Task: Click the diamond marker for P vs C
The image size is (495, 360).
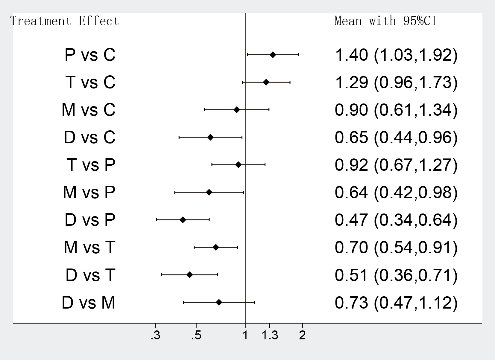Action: click(273, 55)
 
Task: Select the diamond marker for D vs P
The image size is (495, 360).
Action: click(183, 220)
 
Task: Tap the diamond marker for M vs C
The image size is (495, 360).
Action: click(237, 110)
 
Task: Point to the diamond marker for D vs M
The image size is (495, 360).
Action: click(219, 303)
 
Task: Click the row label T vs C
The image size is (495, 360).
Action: click(90, 82)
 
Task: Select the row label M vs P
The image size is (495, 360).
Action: click(89, 192)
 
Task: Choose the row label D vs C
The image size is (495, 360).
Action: click(89, 137)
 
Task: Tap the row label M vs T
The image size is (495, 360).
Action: click(89, 248)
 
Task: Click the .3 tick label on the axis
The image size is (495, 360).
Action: click(155, 336)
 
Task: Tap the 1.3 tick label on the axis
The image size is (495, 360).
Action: click(270, 336)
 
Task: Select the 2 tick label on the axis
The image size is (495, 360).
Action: click(302, 336)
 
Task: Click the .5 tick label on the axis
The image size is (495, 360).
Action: click(196, 336)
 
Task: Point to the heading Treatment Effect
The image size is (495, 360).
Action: click(65, 21)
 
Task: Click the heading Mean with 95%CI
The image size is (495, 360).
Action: click(385, 21)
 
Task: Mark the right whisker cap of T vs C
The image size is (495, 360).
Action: click(290, 82)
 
